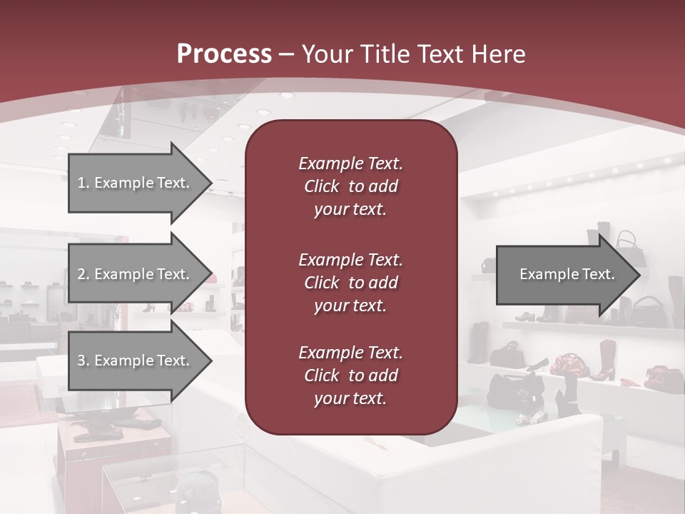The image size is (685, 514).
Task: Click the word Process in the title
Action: click(x=224, y=54)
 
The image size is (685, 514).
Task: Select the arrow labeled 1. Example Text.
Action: click(x=136, y=183)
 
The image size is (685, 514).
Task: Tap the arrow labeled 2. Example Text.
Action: click(x=136, y=274)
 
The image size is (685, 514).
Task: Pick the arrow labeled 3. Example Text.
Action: click(x=136, y=361)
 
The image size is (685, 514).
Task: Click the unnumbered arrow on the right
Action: click(x=564, y=274)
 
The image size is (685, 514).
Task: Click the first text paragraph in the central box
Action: click(x=350, y=186)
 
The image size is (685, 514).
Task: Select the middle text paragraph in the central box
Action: click(x=350, y=282)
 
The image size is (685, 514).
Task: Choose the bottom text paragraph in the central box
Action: click(x=350, y=375)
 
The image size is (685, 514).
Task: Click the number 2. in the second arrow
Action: click(x=83, y=274)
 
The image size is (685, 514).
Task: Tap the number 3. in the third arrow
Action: click(x=83, y=361)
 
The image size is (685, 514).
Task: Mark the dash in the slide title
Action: click(x=287, y=54)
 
